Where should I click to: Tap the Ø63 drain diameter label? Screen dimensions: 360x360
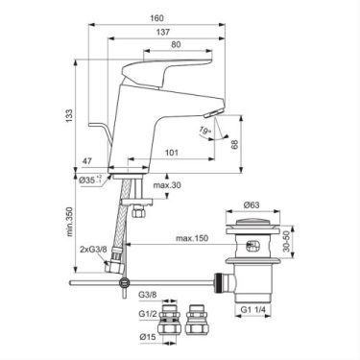(x=251, y=204)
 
